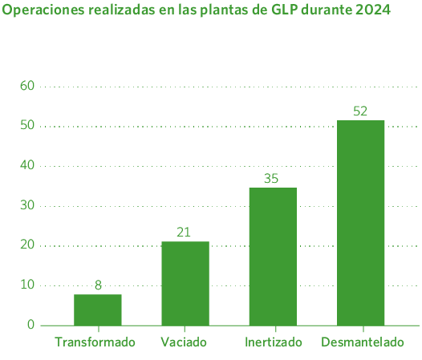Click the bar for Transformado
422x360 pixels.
pos(98,309)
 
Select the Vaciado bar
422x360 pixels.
pos(185,283)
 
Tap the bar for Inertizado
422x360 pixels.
pos(273,256)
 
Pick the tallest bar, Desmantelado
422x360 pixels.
pos(361,222)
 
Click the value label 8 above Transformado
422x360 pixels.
pos(98,285)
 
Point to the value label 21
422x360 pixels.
pos(184,233)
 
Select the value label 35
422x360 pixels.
pos(271,179)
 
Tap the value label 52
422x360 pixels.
pos(360,111)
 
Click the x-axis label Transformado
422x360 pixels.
pos(95,342)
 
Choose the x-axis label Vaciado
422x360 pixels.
pos(184,342)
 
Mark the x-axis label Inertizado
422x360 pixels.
pos(273,342)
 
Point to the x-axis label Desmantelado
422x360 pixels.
pos(362,342)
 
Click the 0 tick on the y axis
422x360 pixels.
pos(30,325)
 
